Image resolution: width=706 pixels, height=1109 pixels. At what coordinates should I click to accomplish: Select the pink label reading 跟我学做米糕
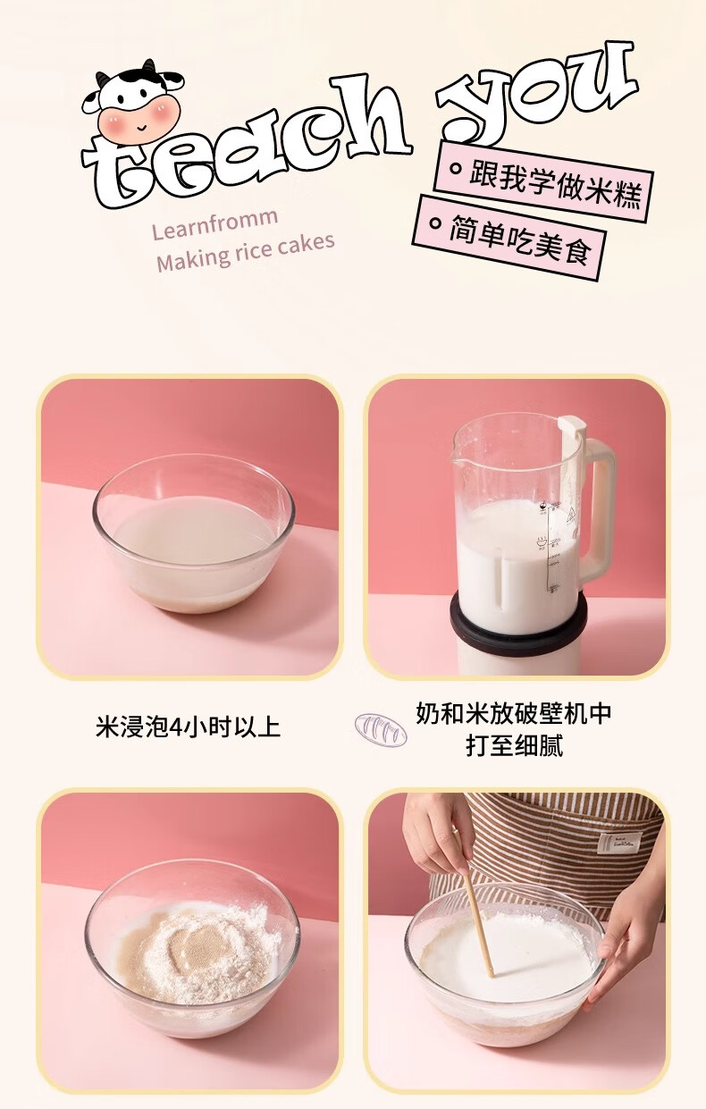[x=544, y=181]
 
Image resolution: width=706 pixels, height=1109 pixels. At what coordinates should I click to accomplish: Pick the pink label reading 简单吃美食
[x=509, y=238]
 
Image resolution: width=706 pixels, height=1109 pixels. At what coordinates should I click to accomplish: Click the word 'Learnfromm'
[x=214, y=223]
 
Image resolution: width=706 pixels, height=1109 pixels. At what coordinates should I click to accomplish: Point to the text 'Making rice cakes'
[x=245, y=253]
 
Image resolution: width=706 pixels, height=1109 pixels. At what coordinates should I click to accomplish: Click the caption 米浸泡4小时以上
[x=189, y=727]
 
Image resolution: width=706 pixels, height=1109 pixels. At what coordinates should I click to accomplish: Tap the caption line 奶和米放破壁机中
[x=513, y=713]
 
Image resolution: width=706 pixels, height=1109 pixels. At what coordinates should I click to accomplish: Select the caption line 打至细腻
[x=515, y=745]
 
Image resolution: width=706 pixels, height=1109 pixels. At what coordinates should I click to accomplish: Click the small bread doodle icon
[x=381, y=730]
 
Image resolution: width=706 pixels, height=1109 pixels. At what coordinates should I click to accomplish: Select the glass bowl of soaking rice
[x=194, y=533]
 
